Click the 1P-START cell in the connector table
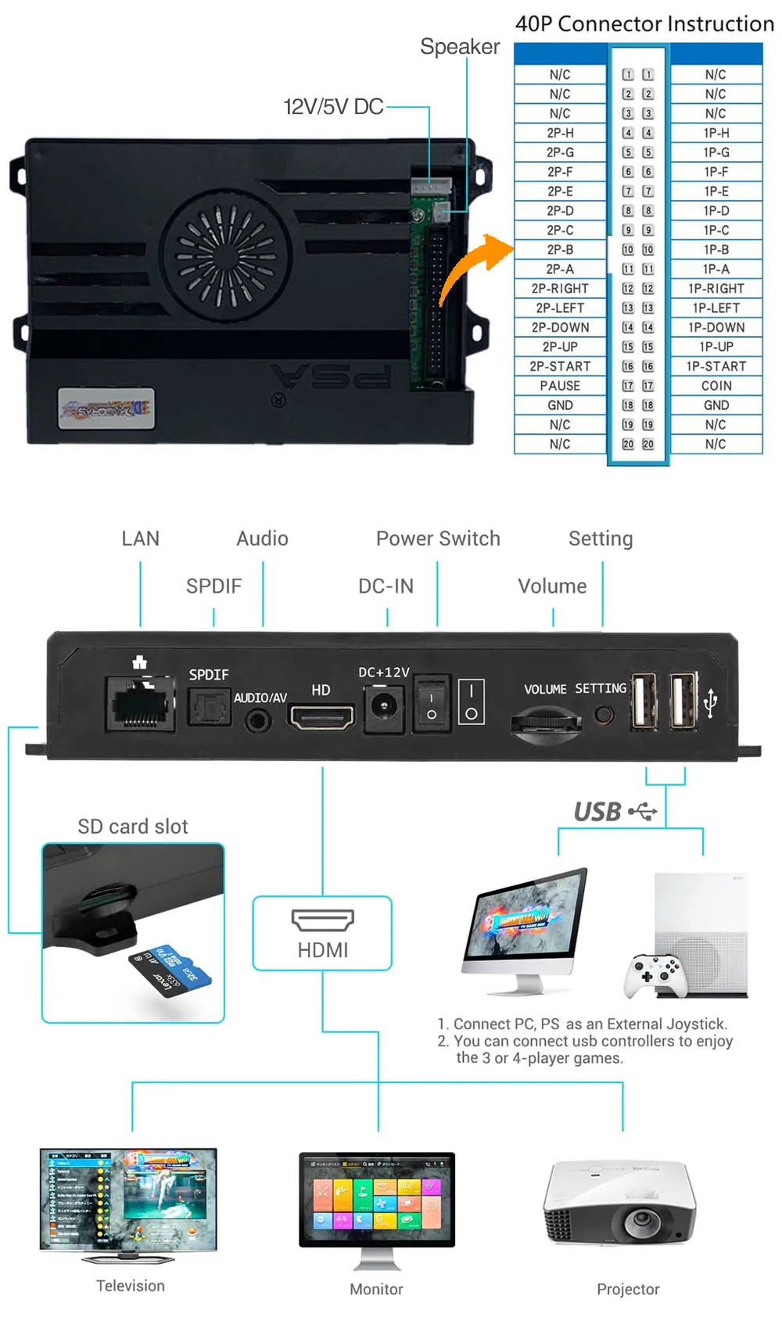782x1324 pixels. tap(716, 366)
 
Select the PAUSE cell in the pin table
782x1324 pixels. tap(560, 386)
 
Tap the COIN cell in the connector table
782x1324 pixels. tap(716, 386)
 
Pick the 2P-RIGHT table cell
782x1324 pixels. tap(560, 289)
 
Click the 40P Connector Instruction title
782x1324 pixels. tap(644, 24)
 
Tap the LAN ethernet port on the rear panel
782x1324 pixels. tap(141, 705)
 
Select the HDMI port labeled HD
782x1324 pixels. tap(321, 716)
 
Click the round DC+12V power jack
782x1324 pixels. tap(383, 708)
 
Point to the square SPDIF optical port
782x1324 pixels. tap(209, 707)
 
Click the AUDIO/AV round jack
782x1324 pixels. tap(258, 720)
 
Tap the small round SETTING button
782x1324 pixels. tap(603, 714)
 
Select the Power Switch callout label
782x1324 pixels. tap(438, 539)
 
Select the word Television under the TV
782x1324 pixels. tap(131, 1286)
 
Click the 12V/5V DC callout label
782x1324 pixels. tap(333, 107)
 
